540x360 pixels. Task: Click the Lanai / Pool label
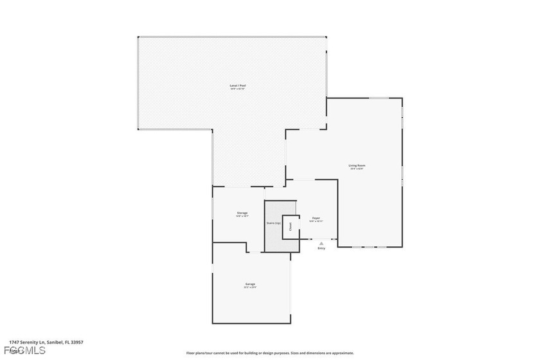click(x=238, y=85)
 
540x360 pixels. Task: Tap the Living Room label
click(x=357, y=166)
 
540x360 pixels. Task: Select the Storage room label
click(x=242, y=213)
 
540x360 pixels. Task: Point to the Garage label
click(x=250, y=283)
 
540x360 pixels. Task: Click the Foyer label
click(x=316, y=219)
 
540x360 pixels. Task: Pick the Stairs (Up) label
click(x=273, y=223)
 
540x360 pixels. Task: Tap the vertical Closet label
click(x=290, y=226)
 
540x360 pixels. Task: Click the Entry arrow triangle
click(x=321, y=243)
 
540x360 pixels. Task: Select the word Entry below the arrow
click(x=321, y=248)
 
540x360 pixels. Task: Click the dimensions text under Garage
click(x=250, y=287)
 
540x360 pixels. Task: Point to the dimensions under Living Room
click(x=357, y=170)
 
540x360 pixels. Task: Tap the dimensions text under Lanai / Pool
click(x=238, y=89)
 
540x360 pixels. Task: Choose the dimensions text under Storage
click(x=242, y=217)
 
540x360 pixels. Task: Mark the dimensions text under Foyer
click(x=316, y=222)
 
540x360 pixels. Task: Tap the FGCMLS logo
click(x=24, y=350)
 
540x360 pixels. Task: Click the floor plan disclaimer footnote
click(x=270, y=353)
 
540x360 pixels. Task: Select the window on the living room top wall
click(x=378, y=98)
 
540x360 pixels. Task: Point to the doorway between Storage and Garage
click(x=255, y=251)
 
